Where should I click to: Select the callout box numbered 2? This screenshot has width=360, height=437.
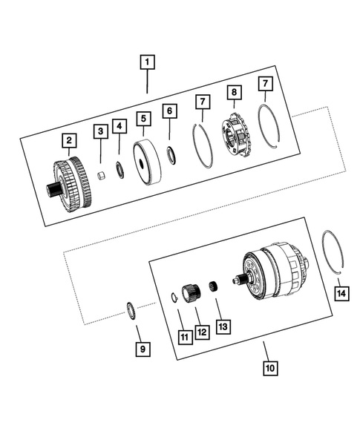coord(68,139)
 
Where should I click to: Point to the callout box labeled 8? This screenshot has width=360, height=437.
coord(235,93)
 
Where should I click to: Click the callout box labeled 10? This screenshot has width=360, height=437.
coord(269,367)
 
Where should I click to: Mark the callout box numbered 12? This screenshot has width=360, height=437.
coord(201,333)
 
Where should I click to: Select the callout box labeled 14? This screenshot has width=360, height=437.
coord(341,294)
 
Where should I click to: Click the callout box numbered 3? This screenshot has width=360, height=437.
coord(99,132)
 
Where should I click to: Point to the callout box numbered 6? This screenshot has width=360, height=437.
coord(170,111)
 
